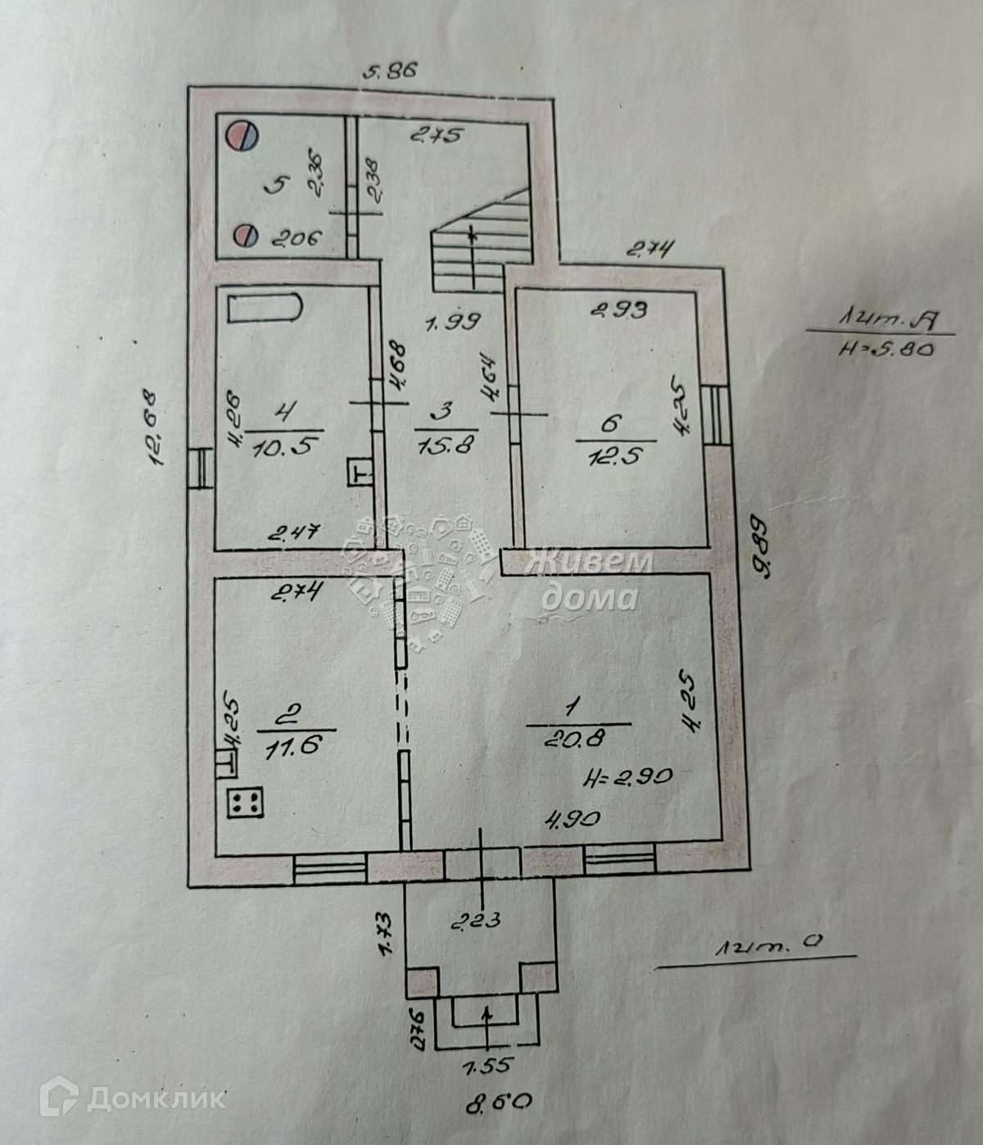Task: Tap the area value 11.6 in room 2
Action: tap(297, 744)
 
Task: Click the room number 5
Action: tap(278, 185)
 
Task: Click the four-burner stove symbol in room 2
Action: tap(243, 803)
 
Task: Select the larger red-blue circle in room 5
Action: tap(242, 135)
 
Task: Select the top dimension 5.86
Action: tap(391, 71)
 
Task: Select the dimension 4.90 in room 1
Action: tap(575, 818)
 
